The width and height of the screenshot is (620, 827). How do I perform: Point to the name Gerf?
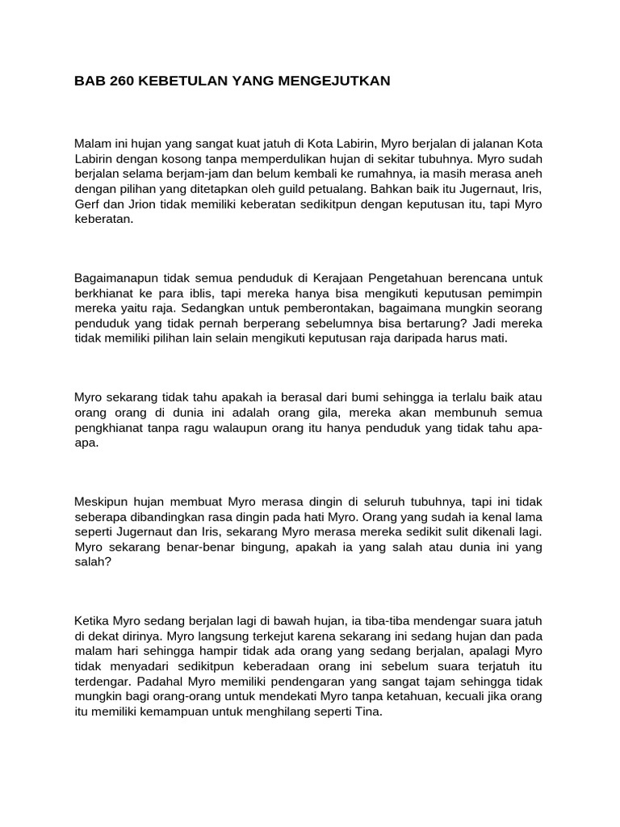pyautogui.click(x=87, y=204)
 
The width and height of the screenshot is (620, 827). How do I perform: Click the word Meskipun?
pyautogui.click(x=101, y=501)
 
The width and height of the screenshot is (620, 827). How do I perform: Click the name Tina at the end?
pyautogui.click(x=368, y=712)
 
